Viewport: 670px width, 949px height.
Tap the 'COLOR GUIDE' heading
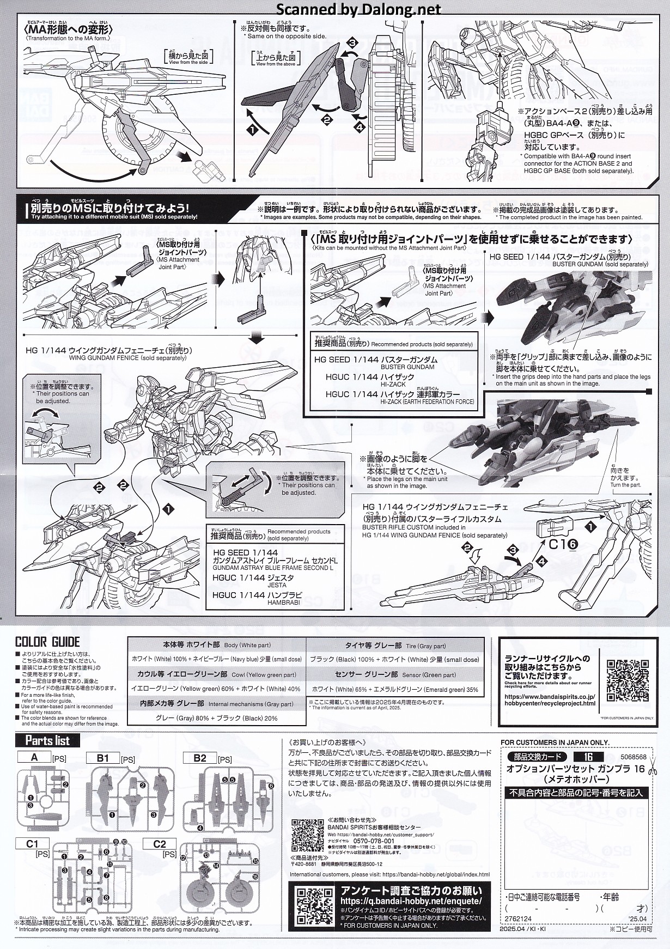click(x=47, y=642)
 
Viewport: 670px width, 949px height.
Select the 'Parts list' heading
click(x=47, y=740)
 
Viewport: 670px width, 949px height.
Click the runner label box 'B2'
click(x=199, y=758)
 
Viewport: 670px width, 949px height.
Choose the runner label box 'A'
click(x=34, y=757)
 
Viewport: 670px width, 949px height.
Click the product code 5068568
click(x=633, y=757)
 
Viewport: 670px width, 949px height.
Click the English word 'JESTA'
click(x=276, y=585)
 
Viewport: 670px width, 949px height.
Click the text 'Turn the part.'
click(x=625, y=485)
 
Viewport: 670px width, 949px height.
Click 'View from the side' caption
click(x=189, y=63)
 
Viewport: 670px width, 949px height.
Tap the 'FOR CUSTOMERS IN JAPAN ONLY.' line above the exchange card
click(x=555, y=742)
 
